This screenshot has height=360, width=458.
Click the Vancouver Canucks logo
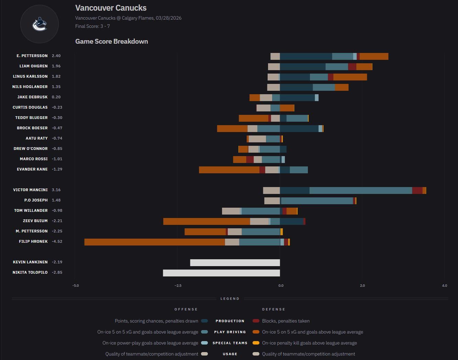pyautogui.click(x=40, y=24)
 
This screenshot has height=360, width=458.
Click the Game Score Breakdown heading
pyautogui.click(x=112, y=41)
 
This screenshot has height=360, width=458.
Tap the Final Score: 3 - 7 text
pyautogui.click(x=92, y=26)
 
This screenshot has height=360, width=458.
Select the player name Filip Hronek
pyautogui.click(x=33, y=241)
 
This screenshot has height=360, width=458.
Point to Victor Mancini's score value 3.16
pyautogui.click(x=56, y=190)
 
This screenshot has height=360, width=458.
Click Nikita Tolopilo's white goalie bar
pyautogui.click(x=221, y=273)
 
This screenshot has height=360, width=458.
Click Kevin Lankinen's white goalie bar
pyautogui.click(x=235, y=263)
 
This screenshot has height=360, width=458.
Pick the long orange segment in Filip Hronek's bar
pyautogui.click(x=155, y=242)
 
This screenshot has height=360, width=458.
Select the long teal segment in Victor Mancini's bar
pyautogui.click(x=360, y=190)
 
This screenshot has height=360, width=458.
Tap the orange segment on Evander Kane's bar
pyautogui.click(x=229, y=170)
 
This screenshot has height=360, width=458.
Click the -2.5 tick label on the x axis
pyautogui.click(x=178, y=286)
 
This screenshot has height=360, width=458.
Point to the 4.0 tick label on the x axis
pyautogui.click(x=444, y=286)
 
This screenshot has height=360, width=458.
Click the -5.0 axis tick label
pyautogui.click(x=76, y=286)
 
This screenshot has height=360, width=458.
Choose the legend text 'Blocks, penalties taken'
pyautogui.click(x=286, y=321)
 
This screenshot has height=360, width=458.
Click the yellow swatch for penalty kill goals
pyautogui.click(x=256, y=343)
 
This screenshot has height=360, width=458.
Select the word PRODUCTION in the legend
pyautogui.click(x=230, y=321)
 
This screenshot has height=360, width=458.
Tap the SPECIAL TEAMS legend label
pyautogui.click(x=230, y=343)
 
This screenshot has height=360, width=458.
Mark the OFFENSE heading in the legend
pyautogui.click(x=186, y=309)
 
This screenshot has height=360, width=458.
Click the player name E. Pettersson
pyautogui.click(x=32, y=56)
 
